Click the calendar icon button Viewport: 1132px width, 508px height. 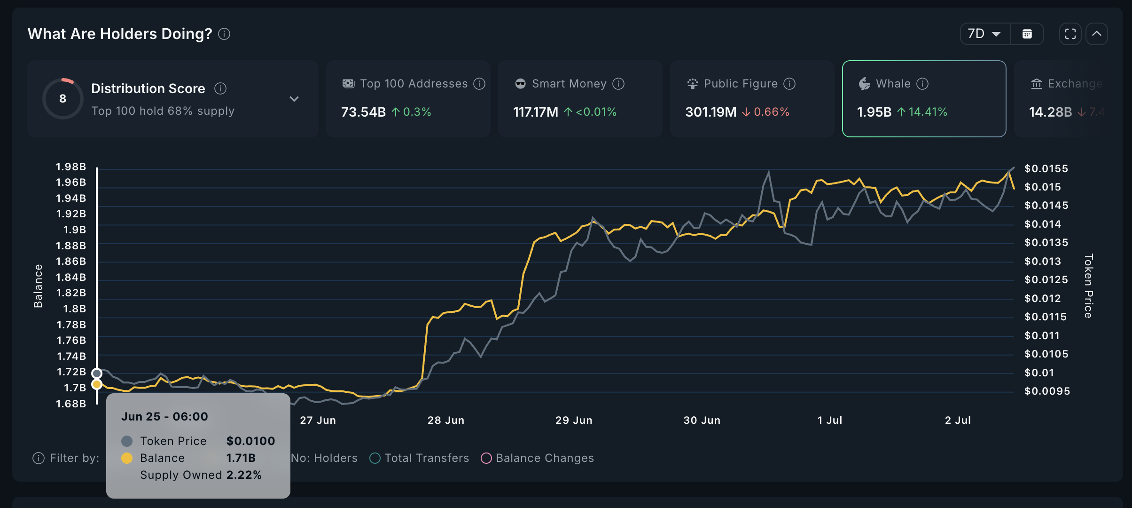click(x=1027, y=34)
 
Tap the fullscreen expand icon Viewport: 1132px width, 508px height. click(x=1070, y=34)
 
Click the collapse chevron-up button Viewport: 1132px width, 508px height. click(x=1097, y=34)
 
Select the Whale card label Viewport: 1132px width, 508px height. click(x=893, y=84)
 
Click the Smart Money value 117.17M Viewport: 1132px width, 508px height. click(x=535, y=112)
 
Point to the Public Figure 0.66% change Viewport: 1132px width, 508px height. click(x=771, y=112)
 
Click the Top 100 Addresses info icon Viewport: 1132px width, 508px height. click(x=479, y=84)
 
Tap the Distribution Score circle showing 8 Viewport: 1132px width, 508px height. click(x=63, y=98)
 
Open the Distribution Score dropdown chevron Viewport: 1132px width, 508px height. click(x=294, y=99)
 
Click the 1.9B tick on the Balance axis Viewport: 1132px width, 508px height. click(x=74, y=230)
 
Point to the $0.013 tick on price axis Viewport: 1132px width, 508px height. click(x=1043, y=261)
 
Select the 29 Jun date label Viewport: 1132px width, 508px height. click(x=574, y=420)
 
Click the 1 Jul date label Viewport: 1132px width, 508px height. click(x=830, y=420)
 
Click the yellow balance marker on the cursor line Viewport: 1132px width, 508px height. click(x=97, y=384)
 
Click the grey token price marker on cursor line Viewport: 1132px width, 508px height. click(x=97, y=373)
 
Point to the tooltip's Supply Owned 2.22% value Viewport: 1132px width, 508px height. click(x=243, y=475)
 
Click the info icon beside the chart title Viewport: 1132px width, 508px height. click(x=224, y=34)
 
